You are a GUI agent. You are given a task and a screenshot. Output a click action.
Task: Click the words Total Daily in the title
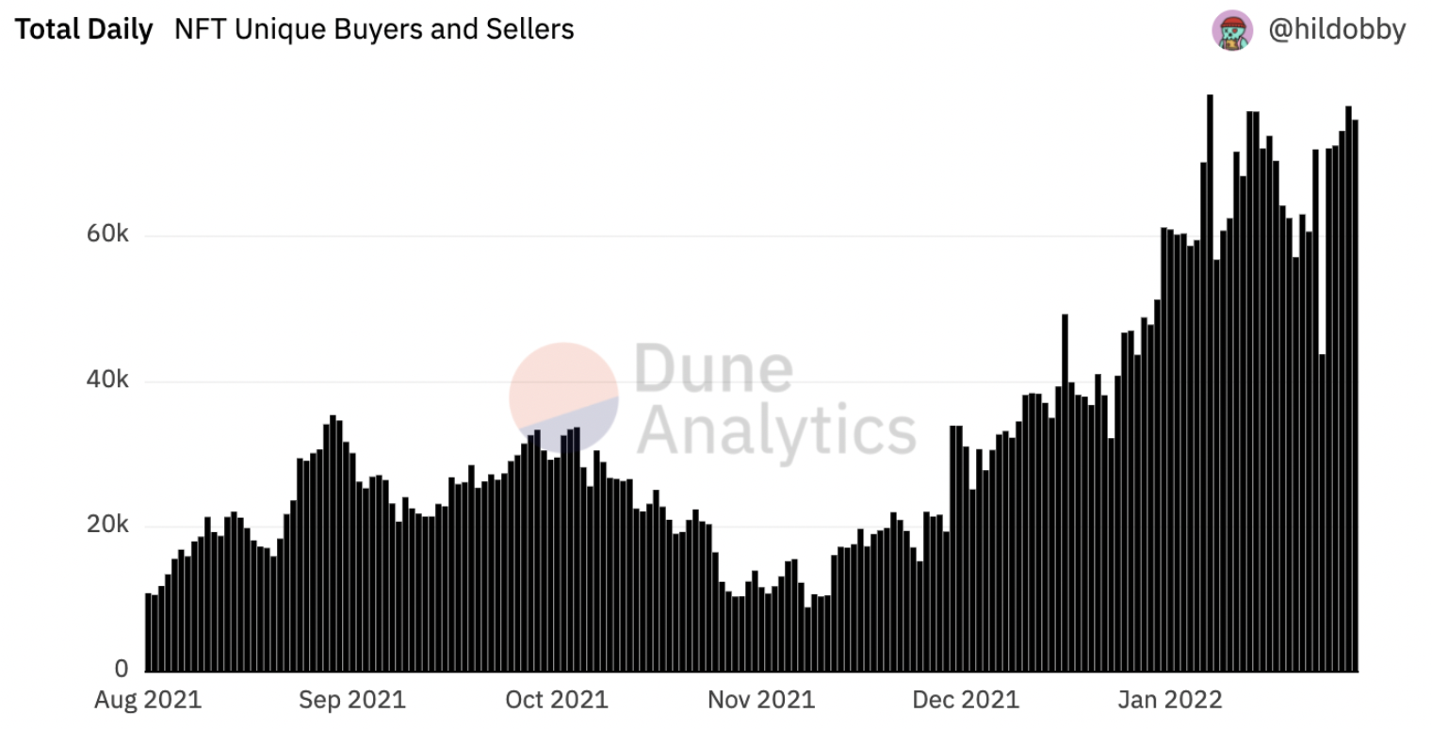[84, 30]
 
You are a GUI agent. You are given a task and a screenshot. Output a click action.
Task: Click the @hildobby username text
[1337, 30]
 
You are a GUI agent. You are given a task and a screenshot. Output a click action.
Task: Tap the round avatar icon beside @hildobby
[1232, 30]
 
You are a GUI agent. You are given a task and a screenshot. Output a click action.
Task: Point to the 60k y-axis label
[107, 234]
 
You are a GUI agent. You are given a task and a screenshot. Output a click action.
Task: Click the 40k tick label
[107, 380]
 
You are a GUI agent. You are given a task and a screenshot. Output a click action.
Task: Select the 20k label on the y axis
[107, 525]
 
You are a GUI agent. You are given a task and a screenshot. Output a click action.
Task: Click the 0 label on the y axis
[122, 670]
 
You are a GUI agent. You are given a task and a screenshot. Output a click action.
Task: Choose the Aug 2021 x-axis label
[148, 700]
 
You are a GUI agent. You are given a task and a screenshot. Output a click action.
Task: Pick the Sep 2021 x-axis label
[351, 700]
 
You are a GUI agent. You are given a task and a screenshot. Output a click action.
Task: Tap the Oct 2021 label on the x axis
[556, 700]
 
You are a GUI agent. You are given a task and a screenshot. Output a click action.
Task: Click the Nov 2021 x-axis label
[760, 700]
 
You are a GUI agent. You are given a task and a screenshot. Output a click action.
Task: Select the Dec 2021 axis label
[966, 700]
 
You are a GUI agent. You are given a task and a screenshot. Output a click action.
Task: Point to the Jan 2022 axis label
[1169, 700]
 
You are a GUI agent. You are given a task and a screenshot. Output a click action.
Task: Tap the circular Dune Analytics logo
[563, 397]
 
